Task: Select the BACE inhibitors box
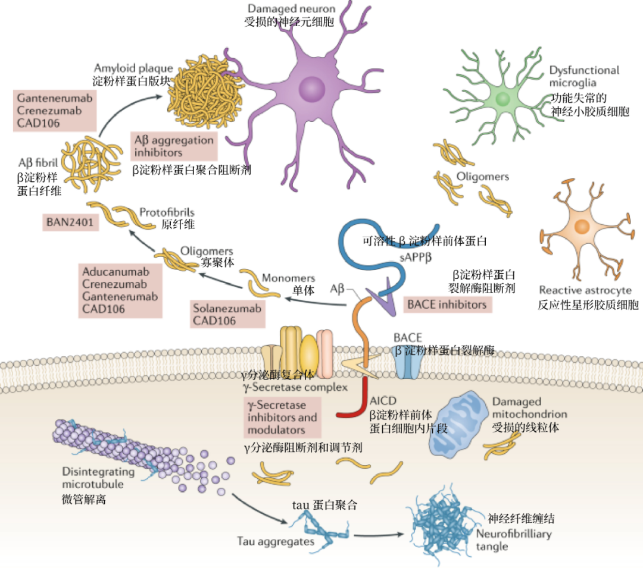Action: [x=447, y=304]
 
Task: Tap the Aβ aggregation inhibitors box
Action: [x=174, y=146]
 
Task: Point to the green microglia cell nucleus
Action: [x=502, y=99]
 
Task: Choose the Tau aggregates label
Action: [x=267, y=541]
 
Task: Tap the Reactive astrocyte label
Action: [x=585, y=290]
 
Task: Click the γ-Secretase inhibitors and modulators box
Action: [x=282, y=418]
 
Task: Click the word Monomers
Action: [x=288, y=278]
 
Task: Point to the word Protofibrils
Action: [x=166, y=212]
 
